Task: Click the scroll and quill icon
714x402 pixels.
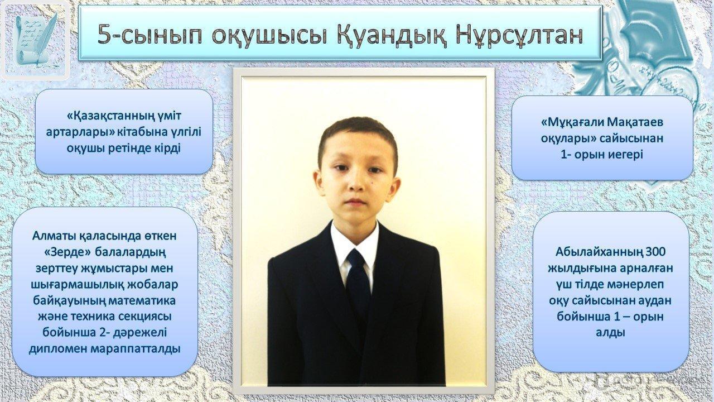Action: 35,40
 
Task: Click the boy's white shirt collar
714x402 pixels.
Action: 354,242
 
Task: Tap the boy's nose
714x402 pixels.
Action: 356,183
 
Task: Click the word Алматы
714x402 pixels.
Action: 54,236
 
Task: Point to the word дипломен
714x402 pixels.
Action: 58,349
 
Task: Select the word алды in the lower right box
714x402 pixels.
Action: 610,332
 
